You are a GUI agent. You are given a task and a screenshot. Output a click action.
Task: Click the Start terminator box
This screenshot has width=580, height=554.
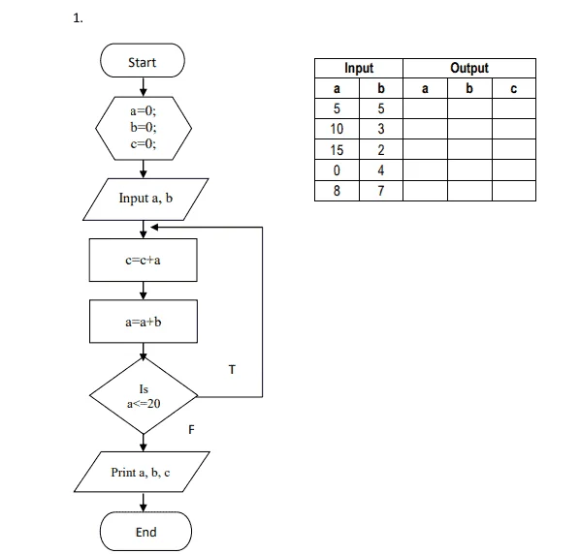(143, 61)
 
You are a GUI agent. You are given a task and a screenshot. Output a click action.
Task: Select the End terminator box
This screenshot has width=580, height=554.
(145, 532)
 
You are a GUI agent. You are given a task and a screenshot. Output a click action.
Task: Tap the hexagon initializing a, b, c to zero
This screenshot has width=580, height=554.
(144, 128)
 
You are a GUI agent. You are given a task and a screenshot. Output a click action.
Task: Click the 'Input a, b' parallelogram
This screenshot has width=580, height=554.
(145, 200)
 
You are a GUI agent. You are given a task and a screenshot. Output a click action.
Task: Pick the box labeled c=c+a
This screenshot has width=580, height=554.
(144, 260)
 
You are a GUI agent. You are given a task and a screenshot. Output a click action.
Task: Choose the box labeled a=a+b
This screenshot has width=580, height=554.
(144, 322)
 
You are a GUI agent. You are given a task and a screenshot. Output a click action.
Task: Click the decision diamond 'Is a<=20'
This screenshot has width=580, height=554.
(144, 395)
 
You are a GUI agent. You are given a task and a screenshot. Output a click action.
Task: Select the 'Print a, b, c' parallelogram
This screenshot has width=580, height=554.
(142, 472)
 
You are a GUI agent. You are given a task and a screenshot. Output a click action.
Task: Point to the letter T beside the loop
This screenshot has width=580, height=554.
(232, 369)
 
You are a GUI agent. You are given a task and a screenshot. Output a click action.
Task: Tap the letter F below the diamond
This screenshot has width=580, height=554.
(191, 429)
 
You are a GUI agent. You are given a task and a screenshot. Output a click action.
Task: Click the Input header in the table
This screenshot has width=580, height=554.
(359, 68)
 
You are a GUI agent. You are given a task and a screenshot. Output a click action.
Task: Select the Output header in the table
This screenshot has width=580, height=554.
(469, 68)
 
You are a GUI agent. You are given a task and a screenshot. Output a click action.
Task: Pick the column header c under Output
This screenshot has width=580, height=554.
(514, 88)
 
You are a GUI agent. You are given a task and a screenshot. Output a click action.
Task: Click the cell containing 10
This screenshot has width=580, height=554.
(337, 129)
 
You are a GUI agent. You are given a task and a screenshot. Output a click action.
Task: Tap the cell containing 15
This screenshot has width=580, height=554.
(337, 149)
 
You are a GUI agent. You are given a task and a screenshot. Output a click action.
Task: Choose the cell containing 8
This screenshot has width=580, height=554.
(337, 191)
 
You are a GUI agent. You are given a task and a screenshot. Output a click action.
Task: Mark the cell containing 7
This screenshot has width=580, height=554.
(381, 191)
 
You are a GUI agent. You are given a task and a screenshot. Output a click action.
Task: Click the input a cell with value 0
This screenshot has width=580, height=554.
(337, 170)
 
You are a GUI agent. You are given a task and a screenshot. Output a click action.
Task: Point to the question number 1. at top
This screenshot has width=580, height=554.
(78, 18)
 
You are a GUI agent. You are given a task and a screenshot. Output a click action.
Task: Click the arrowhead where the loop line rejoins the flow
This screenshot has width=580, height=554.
(154, 228)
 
